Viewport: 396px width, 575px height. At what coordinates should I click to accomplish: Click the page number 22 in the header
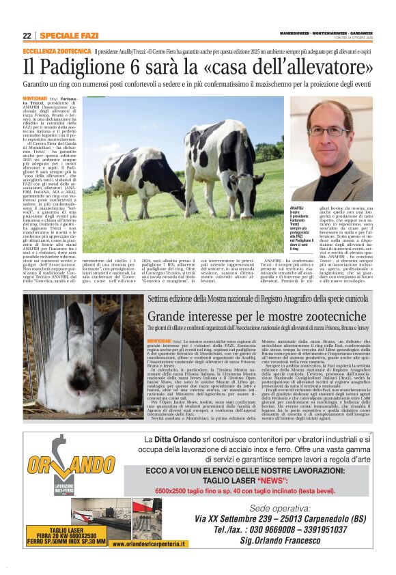click(x=27, y=36)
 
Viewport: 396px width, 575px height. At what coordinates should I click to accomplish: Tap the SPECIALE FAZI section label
click(x=69, y=36)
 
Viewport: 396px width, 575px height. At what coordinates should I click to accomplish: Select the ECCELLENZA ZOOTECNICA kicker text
click(x=57, y=51)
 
